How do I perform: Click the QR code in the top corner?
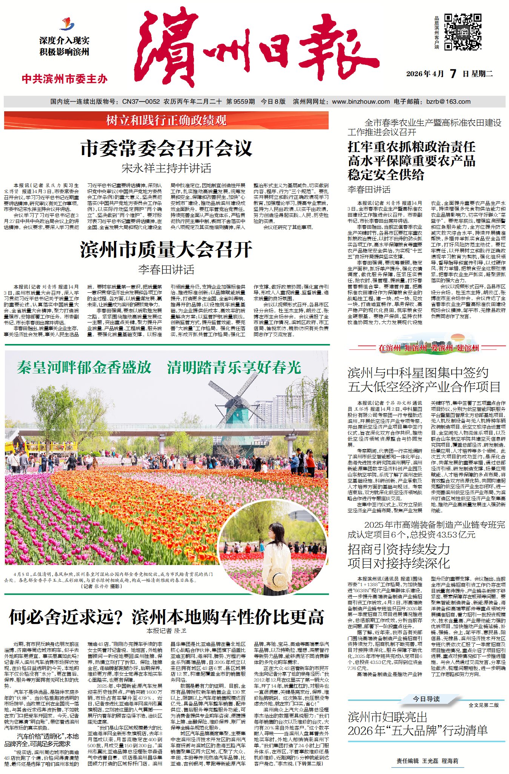pyautogui.click(x=463, y=32)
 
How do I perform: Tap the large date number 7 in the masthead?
pyautogui.click(x=453, y=74)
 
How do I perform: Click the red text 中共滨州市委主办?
pyautogui.click(x=65, y=79)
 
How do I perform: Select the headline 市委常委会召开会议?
pyautogui.click(x=166, y=148)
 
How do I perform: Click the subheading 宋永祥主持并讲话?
pyautogui.click(x=166, y=168)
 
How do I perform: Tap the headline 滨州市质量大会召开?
pyautogui.click(x=166, y=249)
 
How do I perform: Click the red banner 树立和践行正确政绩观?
pyautogui.click(x=166, y=120)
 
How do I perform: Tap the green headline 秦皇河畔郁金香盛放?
pyautogui.click(x=84, y=367)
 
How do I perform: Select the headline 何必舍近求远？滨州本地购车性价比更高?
pyautogui.click(x=166, y=617)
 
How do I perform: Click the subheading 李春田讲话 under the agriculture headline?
pyautogui.click(x=369, y=189)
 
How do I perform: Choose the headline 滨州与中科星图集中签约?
pyautogui.click(x=418, y=373)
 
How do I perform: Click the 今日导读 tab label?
pyautogui.click(x=426, y=699)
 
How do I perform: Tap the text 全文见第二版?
pyautogui.click(x=484, y=705)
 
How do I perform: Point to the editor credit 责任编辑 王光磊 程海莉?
pyautogui.click(x=427, y=761)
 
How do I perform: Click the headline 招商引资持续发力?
pyautogui.click(x=398, y=549)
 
